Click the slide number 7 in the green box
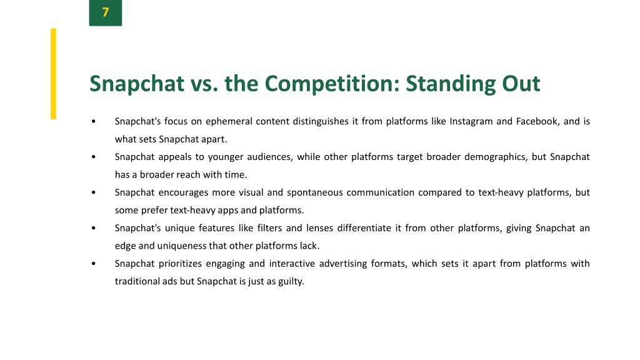coord(105,12)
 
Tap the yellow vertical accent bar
coord(54,74)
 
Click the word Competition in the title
coord(331,84)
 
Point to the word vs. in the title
coord(204,84)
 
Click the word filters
coord(269,227)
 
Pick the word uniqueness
coord(182,246)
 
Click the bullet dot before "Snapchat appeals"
coord(94,157)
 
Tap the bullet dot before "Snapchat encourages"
coord(94,192)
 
